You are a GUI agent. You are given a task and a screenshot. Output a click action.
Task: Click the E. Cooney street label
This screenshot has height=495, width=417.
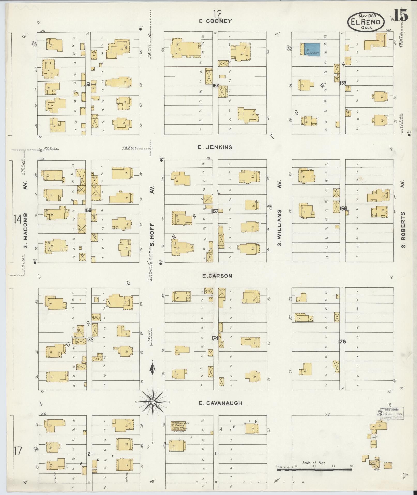(x=215, y=21)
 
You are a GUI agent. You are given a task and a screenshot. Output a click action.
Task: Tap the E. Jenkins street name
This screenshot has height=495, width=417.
(x=215, y=147)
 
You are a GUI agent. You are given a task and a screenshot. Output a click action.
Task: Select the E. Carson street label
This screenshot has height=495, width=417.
(x=217, y=276)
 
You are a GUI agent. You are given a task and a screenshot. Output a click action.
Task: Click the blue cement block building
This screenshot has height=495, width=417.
(x=312, y=49)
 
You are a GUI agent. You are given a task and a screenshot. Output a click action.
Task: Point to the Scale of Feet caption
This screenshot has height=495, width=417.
(x=314, y=463)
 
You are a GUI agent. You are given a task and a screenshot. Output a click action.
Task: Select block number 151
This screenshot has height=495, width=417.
(x=88, y=84)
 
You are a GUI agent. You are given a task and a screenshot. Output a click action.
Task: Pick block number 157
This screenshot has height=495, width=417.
(x=215, y=211)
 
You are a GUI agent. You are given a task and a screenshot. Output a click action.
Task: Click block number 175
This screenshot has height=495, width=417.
(x=342, y=342)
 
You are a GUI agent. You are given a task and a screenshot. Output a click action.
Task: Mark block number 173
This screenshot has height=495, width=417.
(x=90, y=339)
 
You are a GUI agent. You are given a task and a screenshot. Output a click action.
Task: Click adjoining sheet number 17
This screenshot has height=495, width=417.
(x=18, y=451)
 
